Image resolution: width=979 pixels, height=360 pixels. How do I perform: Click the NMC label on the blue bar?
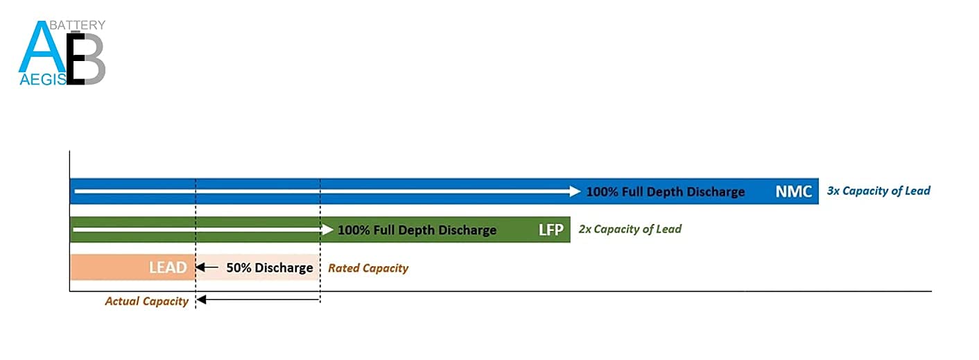[794, 191]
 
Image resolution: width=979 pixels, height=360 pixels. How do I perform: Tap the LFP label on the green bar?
[551, 230]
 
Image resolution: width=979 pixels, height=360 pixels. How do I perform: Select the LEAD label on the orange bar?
[168, 267]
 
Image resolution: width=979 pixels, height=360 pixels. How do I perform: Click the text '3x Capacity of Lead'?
[878, 191]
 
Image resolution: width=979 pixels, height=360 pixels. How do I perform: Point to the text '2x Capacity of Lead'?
[630, 229]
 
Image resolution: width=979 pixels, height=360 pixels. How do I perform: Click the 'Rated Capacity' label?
[368, 268]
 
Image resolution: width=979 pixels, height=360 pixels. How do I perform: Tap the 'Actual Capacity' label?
[146, 301]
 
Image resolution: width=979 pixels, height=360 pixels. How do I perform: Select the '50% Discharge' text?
[270, 268]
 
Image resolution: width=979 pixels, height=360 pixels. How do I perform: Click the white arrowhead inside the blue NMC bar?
[575, 191]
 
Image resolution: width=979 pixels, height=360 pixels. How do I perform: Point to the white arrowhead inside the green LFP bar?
[328, 229]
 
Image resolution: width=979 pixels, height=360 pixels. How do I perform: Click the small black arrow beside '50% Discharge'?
[207, 267]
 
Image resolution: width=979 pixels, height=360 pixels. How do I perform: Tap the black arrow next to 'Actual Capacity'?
[258, 300]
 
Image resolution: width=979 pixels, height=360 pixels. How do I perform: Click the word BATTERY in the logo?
[78, 25]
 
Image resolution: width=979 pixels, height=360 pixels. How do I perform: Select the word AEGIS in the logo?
[43, 79]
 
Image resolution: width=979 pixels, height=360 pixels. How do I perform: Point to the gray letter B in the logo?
[89, 58]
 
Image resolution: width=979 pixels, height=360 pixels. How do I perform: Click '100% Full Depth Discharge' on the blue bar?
[665, 191]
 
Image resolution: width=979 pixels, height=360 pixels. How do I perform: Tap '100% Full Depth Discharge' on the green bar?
[417, 230]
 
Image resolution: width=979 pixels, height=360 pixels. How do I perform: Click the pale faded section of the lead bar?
[258, 267]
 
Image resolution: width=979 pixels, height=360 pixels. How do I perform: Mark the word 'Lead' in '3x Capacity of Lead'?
[917, 191]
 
